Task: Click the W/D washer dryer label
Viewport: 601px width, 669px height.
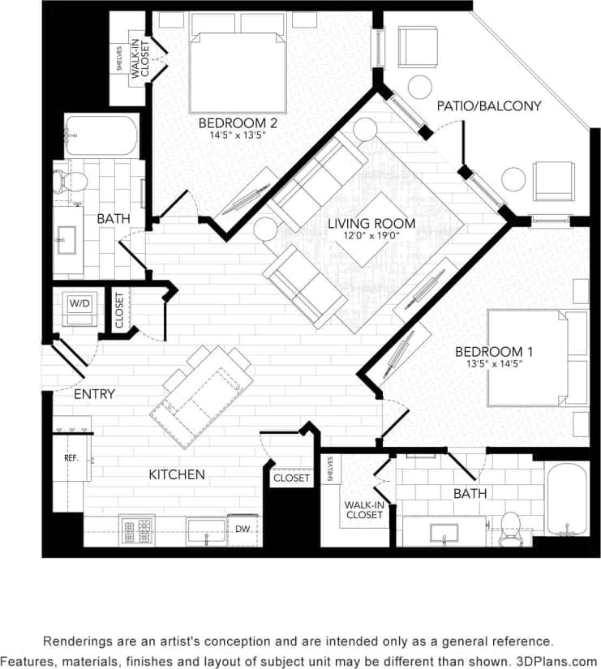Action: click(79, 303)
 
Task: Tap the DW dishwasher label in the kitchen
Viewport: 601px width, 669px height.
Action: click(243, 529)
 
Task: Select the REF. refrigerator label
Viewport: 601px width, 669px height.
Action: click(71, 458)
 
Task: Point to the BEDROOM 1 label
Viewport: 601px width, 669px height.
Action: click(488, 352)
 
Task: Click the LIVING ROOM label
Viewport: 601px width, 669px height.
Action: click(371, 223)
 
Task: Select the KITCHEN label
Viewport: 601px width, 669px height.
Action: click(176, 474)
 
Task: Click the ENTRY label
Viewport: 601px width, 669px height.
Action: click(94, 394)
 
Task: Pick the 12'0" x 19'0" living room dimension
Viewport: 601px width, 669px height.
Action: click(371, 236)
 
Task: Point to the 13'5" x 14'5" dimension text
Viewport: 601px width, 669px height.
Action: click(488, 364)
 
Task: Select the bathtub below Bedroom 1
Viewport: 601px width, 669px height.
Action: click(566, 499)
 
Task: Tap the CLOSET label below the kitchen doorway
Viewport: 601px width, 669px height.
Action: click(291, 478)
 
